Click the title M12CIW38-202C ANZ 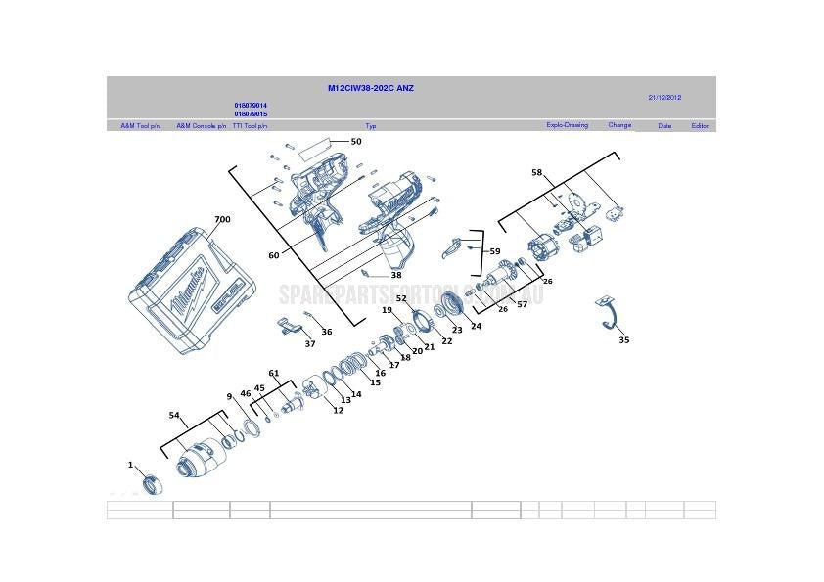(370, 88)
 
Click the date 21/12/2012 (664, 97)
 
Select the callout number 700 (222, 220)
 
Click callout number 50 (356, 142)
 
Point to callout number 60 (274, 255)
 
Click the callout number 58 (536, 172)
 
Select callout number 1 (130, 464)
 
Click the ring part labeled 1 (150, 483)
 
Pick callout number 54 (174, 416)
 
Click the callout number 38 (396, 275)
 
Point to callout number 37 (310, 343)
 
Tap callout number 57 (523, 304)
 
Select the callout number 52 (401, 298)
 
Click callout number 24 (476, 326)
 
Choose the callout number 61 (274, 373)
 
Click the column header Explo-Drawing (567, 125)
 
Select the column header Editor (700, 126)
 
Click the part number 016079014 (251, 105)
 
